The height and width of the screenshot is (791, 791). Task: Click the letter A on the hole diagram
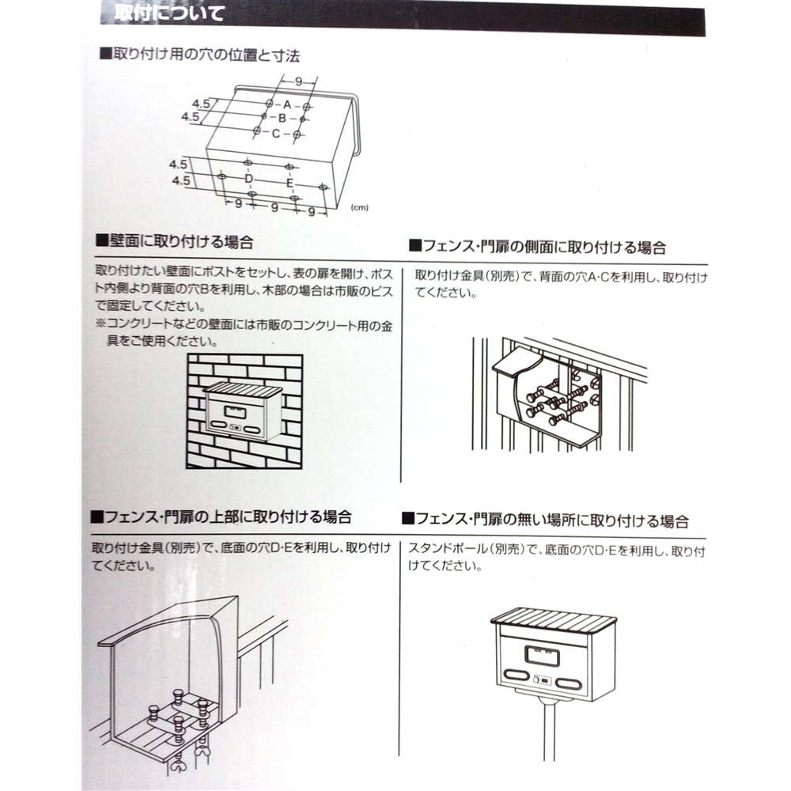[x=288, y=104]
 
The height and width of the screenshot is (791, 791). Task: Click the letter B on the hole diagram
[x=282, y=118]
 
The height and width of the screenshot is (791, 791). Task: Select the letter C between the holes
[x=276, y=134]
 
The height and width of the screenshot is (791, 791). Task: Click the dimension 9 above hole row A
[x=299, y=81]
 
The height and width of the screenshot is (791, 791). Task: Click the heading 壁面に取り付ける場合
[x=180, y=240]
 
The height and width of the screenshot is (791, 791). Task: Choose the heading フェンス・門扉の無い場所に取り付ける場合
[x=545, y=520]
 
